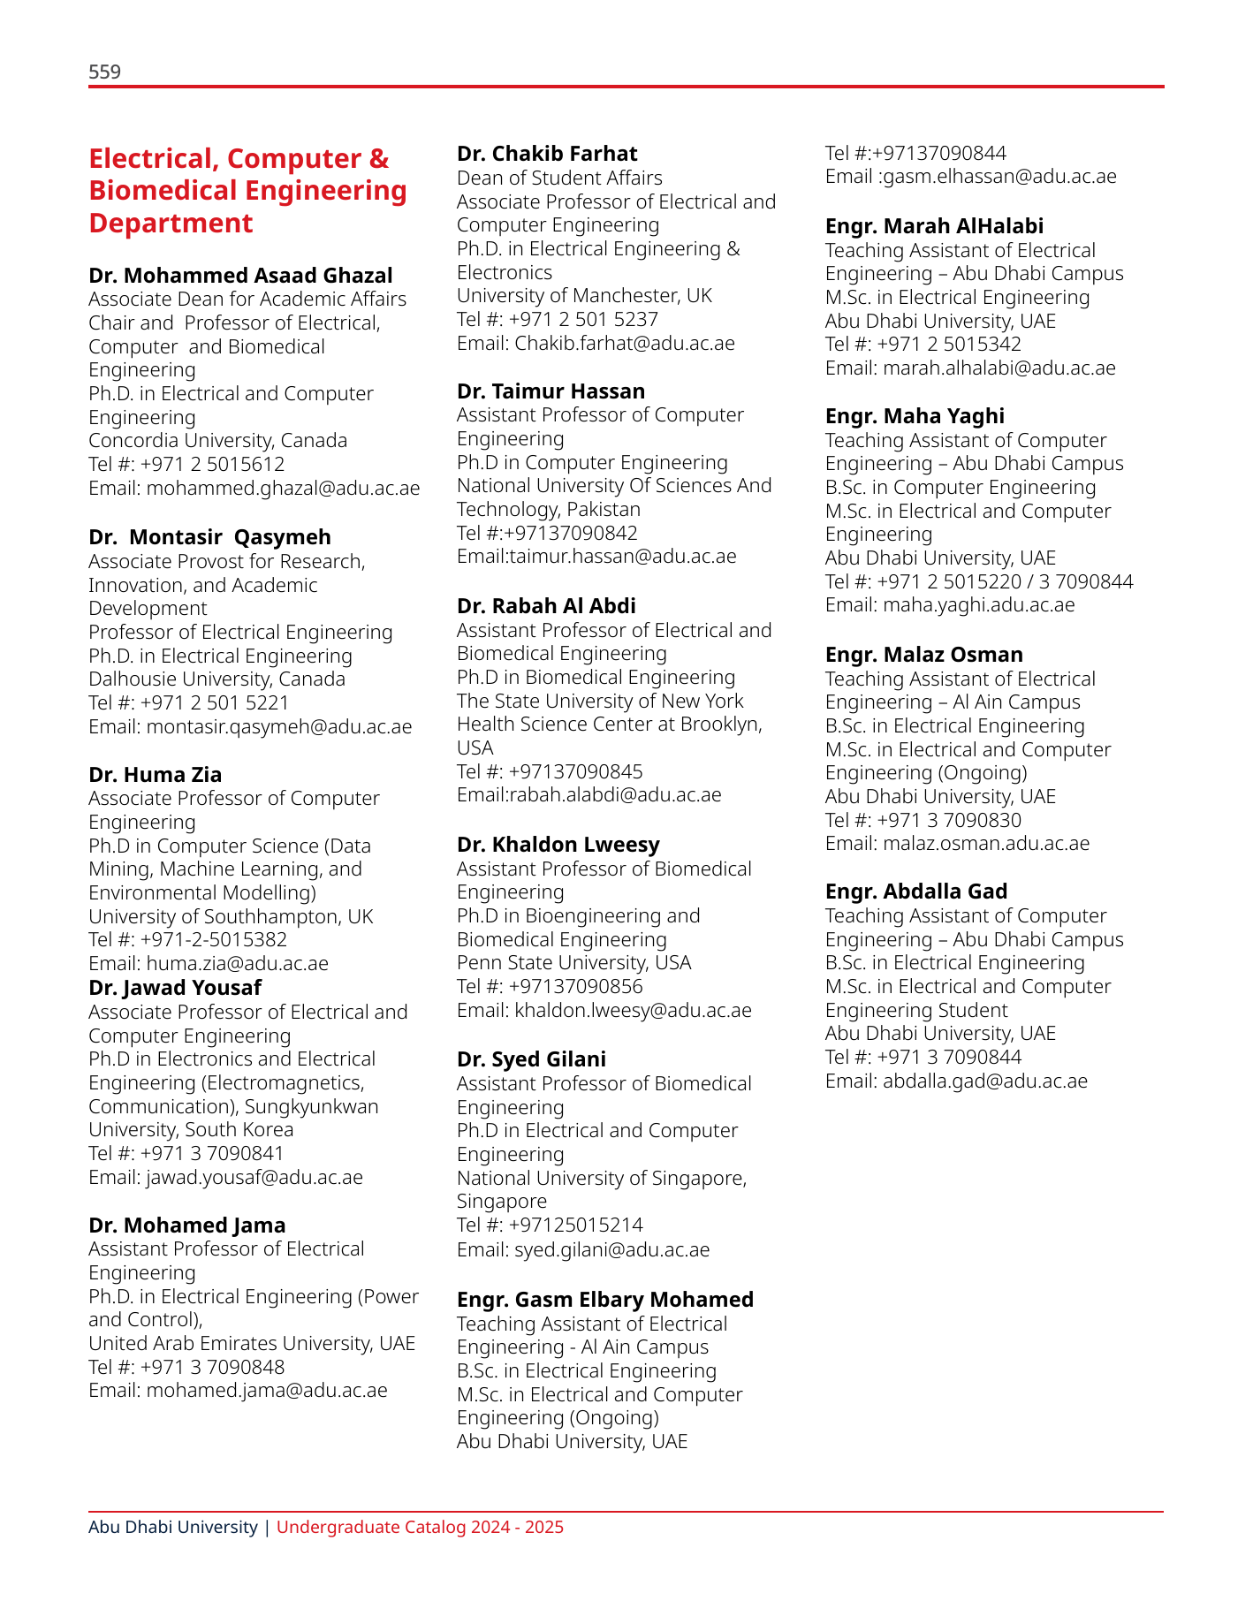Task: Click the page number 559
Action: point(104,72)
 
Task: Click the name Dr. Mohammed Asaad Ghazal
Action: point(240,276)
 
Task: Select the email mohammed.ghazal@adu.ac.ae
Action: point(283,488)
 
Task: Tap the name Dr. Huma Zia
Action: point(155,775)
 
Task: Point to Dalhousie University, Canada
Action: point(216,679)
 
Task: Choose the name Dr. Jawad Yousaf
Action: point(175,988)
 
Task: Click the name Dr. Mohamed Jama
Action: point(186,1225)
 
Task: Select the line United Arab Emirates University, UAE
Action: point(251,1343)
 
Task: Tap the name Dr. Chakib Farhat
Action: point(546,154)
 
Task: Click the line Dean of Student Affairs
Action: point(558,178)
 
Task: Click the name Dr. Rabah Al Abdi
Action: point(546,606)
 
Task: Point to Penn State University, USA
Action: point(573,962)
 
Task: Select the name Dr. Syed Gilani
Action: point(531,1059)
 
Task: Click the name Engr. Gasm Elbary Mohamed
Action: point(604,1300)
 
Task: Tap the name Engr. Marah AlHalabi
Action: point(934,226)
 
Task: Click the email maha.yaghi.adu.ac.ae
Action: point(979,604)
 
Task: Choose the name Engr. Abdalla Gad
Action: point(915,892)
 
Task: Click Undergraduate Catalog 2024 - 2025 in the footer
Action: point(420,1527)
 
